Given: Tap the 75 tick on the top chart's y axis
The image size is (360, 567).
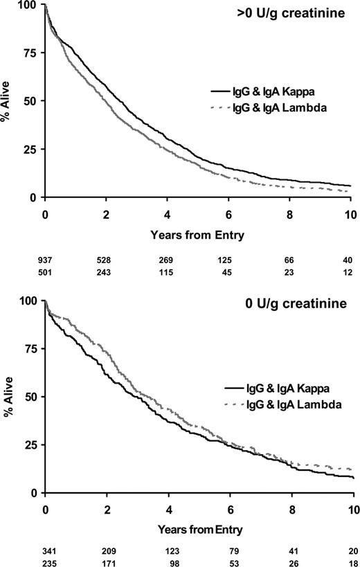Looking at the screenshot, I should point(30,53).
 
